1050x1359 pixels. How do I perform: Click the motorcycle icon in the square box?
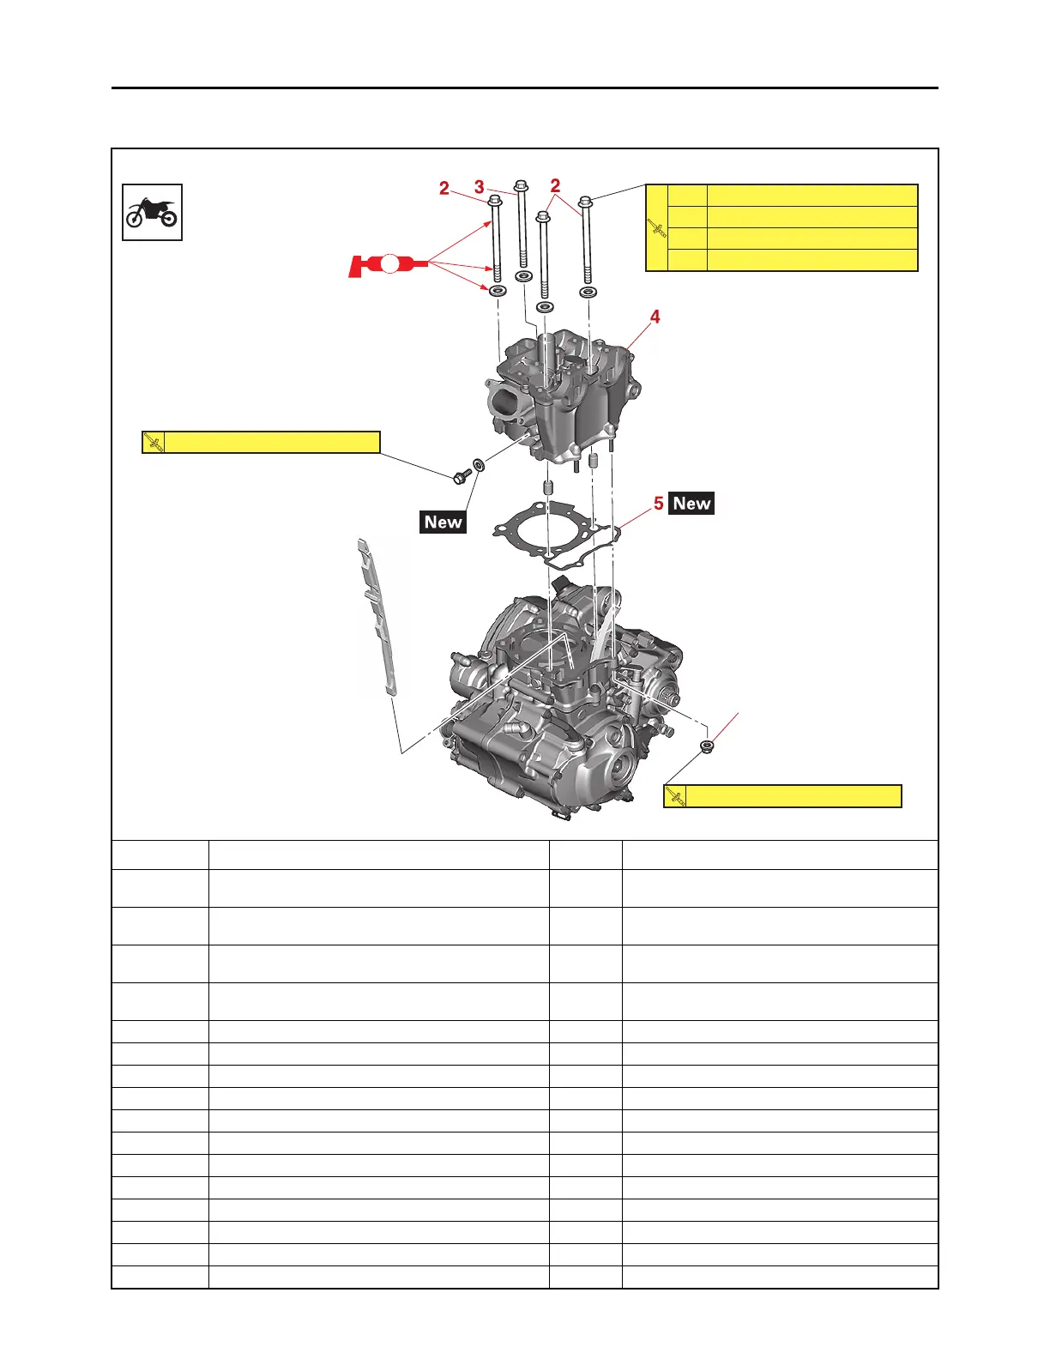click(x=152, y=213)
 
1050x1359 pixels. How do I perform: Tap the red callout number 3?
click(x=480, y=187)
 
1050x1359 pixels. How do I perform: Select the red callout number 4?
click(x=655, y=317)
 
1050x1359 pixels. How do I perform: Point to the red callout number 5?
click(x=658, y=504)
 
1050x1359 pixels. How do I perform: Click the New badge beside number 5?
click(x=691, y=504)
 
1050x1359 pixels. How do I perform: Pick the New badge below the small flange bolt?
click(x=443, y=522)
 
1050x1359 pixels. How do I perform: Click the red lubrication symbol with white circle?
click(x=388, y=263)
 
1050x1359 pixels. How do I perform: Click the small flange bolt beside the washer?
click(x=462, y=474)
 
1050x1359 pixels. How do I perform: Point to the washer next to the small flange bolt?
click(x=479, y=465)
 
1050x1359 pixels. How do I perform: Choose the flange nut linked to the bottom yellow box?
click(x=707, y=746)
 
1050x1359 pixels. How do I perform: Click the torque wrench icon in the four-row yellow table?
click(x=657, y=228)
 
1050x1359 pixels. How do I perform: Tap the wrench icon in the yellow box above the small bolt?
click(x=154, y=443)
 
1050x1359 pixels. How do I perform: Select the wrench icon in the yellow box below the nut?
click(x=676, y=797)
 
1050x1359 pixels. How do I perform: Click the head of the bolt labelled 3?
click(x=521, y=186)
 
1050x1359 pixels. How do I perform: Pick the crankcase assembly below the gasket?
click(x=558, y=704)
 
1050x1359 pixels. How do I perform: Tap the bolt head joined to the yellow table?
click(x=586, y=202)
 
